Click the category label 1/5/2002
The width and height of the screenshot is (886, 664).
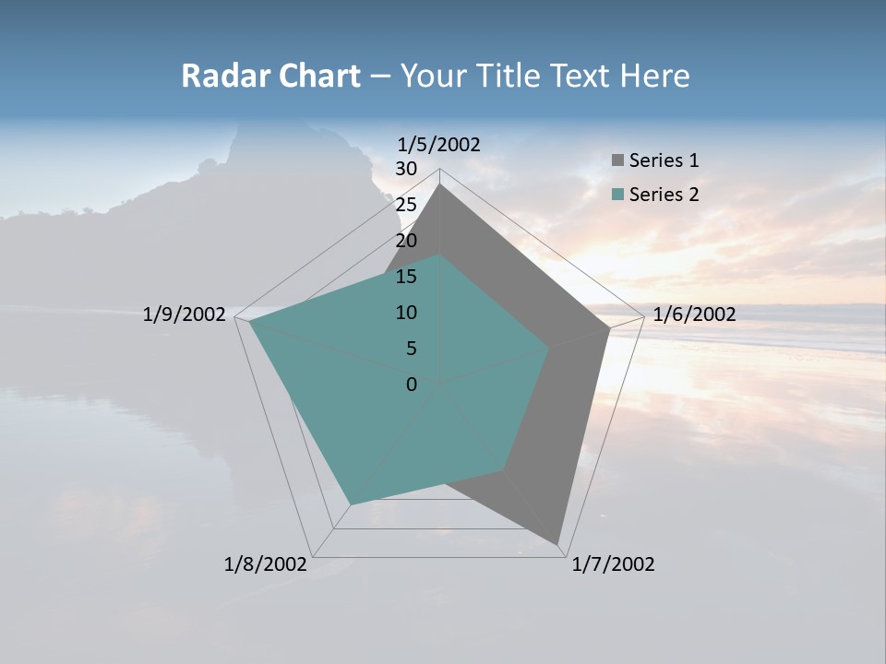click(439, 144)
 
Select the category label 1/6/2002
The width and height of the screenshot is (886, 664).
click(694, 314)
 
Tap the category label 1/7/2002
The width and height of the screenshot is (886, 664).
click(613, 564)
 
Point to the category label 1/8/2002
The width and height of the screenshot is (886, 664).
click(266, 564)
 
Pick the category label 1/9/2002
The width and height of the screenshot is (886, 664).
click(184, 314)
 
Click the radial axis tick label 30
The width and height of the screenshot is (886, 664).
click(406, 169)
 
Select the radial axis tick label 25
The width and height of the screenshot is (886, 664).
click(406, 205)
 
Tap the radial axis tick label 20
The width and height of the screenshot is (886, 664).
click(406, 241)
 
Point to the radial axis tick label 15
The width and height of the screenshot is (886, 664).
click(406, 277)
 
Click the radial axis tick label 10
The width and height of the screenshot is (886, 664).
click(406, 313)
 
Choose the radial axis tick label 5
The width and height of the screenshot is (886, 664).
click(411, 349)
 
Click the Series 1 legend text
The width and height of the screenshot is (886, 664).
click(664, 160)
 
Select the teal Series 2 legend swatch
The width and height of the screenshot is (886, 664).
click(618, 195)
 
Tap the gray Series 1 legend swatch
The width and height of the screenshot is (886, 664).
click(618, 161)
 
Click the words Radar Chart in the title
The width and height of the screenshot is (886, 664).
click(270, 76)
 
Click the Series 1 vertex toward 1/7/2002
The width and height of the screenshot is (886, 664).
click(557, 543)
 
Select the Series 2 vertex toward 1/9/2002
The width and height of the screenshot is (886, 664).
click(250, 322)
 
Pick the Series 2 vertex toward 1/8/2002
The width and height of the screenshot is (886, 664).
click(350, 504)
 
